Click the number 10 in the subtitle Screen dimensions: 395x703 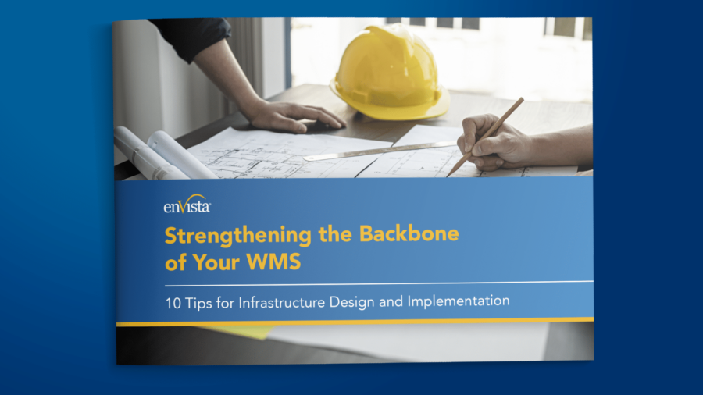pos(173,300)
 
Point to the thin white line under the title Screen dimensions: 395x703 pos(375,282)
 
